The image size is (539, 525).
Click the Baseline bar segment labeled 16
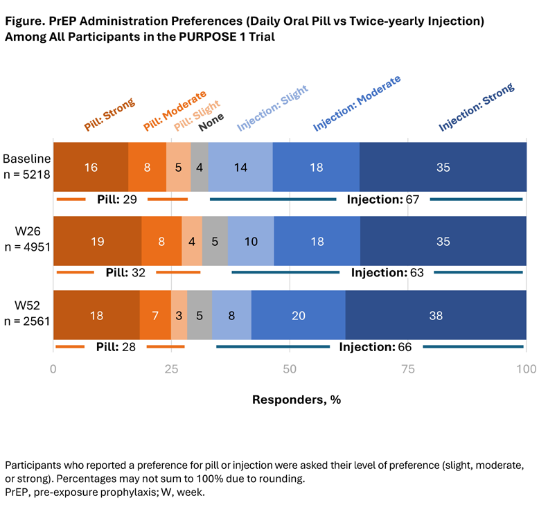[91, 167]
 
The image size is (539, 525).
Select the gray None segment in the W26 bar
[215, 241]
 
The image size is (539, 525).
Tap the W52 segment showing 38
[436, 314]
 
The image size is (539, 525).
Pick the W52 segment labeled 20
[299, 314]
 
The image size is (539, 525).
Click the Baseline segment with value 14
[240, 167]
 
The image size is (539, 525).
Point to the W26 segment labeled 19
[97, 241]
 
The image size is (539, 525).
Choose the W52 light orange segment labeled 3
[179, 314]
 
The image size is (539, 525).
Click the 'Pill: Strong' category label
[109, 114]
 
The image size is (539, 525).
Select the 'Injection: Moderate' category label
[357, 103]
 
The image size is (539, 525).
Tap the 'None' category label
[211, 122]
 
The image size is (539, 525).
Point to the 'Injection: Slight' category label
[272, 108]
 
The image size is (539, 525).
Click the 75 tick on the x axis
[407, 369]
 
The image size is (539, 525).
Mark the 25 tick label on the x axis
[171, 369]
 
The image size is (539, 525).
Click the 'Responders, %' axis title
[297, 400]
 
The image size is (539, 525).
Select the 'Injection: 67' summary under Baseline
[383, 199]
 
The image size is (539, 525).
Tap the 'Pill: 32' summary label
[125, 272]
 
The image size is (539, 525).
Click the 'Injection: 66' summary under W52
[375, 347]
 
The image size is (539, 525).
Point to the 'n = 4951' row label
[27, 247]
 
